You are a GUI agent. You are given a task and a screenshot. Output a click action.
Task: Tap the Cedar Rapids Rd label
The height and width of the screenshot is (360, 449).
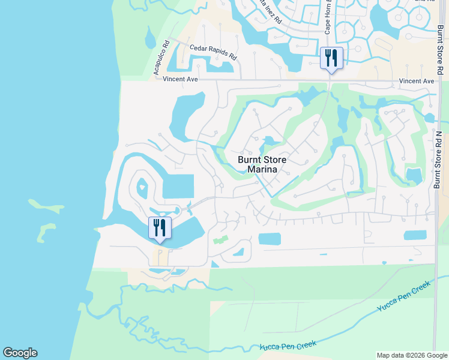[x=213, y=52]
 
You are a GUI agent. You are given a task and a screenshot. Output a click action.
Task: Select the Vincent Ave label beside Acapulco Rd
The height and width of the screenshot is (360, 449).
[x=179, y=79]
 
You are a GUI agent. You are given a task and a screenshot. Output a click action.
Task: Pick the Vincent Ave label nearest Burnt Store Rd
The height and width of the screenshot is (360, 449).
[x=416, y=81]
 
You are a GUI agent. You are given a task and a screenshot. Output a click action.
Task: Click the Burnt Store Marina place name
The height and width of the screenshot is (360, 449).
[x=262, y=164]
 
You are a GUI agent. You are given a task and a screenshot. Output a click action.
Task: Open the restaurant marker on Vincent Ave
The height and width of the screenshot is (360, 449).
[x=331, y=59]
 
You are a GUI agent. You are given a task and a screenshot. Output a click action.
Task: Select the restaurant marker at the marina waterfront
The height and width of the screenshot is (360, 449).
[x=160, y=229]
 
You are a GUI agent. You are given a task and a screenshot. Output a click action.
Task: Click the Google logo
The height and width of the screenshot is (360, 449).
[x=20, y=353]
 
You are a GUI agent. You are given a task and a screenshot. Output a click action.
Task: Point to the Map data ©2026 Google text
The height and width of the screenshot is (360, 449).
[x=412, y=355]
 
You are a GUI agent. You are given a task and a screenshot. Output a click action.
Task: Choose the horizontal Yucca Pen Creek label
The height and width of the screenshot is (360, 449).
[x=288, y=345]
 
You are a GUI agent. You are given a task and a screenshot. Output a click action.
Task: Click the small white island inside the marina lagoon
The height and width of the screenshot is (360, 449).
[x=142, y=188]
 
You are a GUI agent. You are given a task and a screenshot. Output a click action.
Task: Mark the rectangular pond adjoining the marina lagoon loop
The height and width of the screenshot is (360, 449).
[x=178, y=186]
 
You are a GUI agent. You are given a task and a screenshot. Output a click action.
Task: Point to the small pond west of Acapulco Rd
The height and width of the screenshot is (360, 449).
[x=149, y=39]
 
